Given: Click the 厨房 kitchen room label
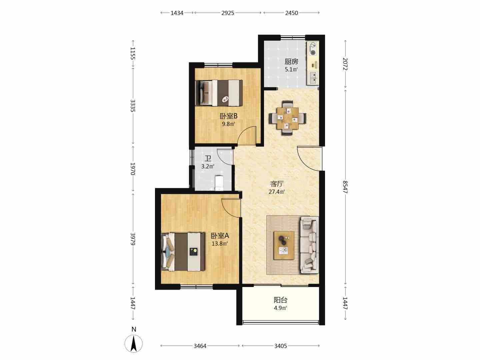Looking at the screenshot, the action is coord(291,62).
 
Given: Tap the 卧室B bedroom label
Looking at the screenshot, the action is coord(229,116).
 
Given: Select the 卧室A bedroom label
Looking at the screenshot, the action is coord(220,236).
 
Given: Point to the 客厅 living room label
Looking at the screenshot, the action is coord(277,184).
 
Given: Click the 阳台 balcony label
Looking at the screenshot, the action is coord(280,300).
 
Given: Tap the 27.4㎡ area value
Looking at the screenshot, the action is coord(277,192).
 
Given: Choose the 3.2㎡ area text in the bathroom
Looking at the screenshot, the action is coord(208,167).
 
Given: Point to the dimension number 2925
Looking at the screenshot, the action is coord(228,13).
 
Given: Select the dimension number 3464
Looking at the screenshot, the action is coord(200,346).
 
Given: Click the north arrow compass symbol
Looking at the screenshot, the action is coord(134,341).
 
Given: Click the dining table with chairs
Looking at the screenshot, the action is coord(287,118).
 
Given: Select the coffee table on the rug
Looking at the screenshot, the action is coord(284,245).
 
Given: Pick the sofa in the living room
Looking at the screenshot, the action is coord(309,245).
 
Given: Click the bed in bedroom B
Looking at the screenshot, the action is coord(219,93).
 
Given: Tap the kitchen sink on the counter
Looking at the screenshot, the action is coord(313,78).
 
